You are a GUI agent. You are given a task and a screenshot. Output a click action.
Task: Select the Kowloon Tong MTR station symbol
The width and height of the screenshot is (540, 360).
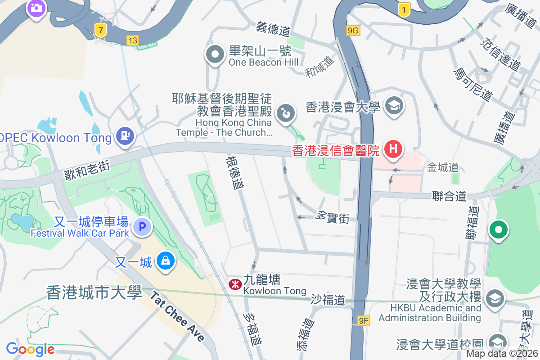click(234, 284)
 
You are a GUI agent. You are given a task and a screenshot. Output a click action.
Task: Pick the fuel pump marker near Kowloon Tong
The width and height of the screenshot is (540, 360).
click(124, 135)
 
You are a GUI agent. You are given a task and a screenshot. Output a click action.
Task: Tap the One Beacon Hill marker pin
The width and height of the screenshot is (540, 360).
click(215, 55)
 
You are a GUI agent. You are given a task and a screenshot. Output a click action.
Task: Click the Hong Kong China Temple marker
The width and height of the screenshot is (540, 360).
click(285, 112)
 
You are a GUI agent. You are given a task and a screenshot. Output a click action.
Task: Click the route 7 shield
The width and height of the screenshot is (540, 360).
click(101, 30)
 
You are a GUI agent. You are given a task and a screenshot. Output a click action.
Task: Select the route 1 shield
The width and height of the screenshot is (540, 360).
click(405, 9)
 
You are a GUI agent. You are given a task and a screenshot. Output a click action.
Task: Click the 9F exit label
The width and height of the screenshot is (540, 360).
click(364, 321)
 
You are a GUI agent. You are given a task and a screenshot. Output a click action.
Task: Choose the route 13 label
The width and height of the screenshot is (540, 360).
click(132, 40)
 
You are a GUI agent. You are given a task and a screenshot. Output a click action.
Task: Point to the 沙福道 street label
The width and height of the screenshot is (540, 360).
click(328, 299)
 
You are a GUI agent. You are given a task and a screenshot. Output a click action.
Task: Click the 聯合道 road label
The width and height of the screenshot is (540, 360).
click(449, 196)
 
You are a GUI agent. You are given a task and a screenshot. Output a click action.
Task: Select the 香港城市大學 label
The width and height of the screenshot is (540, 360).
click(94, 292)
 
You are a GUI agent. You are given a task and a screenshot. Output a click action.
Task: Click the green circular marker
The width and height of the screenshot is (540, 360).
click(498, 230)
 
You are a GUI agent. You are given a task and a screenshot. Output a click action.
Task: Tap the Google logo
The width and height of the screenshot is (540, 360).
click(30, 349)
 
